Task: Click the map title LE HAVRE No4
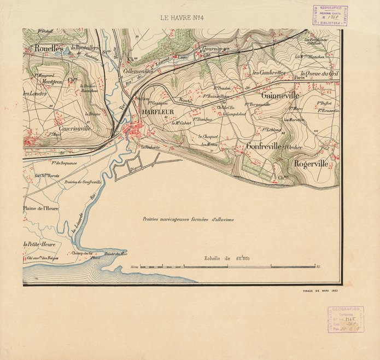[182, 18]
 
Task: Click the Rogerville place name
[310, 163]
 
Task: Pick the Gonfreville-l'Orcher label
[272, 147]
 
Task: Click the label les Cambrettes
[268, 73]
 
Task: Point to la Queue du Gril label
[320, 73]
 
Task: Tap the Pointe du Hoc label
[116, 253]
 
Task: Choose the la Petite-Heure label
[40, 243]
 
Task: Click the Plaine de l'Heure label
[41, 209]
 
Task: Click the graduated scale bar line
[227, 266]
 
